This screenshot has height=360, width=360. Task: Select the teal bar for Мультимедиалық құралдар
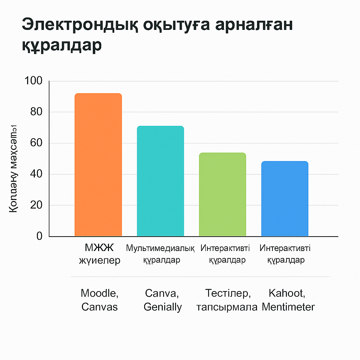pyautogui.click(x=160, y=181)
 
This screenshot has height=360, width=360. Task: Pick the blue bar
pyautogui.click(x=285, y=199)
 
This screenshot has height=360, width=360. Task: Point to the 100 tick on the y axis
pyautogui.click(x=34, y=81)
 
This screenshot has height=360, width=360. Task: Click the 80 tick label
pyautogui.click(x=36, y=112)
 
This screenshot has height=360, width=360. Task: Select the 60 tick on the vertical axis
pyautogui.click(x=36, y=143)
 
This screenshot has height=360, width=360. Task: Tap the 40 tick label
pyautogui.click(x=36, y=174)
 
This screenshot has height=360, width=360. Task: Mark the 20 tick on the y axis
pyautogui.click(x=36, y=205)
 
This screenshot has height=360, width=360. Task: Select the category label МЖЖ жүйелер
pyautogui.click(x=99, y=254)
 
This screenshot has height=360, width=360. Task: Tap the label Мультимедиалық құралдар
pyautogui.click(x=160, y=254)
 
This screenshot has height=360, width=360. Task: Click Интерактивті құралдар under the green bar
pyautogui.click(x=225, y=254)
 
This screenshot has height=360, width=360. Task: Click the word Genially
pyautogui.click(x=163, y=307)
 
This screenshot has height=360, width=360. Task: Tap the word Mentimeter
pyautogui.click(x=288, y=307)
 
